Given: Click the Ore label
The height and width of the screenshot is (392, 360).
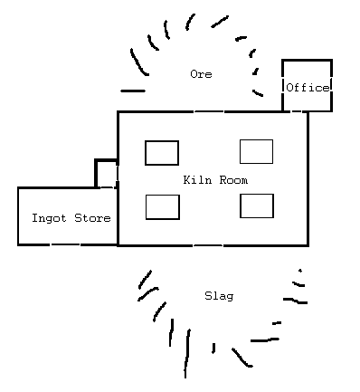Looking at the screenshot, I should point(201,74).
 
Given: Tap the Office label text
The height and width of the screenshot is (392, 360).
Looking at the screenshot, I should point(307,88).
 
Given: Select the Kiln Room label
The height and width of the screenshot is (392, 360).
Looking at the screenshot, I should point(214,180).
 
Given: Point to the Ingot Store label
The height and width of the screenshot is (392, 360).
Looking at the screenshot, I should point(71,218).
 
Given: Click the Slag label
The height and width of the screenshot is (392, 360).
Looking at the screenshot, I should point(219,296).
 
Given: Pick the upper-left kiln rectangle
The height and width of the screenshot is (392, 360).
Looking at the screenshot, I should point(162,153).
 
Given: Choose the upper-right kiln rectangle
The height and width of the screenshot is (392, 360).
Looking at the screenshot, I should point(256,152).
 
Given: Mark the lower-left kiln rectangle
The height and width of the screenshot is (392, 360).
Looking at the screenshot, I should point(163,207).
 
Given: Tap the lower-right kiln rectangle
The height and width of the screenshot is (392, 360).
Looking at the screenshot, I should point(256,206).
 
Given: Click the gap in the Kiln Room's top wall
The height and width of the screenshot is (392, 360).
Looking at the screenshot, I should point(209,111).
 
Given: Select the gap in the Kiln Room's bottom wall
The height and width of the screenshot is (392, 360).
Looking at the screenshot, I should point(208,245).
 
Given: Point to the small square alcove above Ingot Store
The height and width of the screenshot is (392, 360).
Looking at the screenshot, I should point(107,174).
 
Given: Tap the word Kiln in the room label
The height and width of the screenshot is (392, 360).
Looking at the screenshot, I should point(196,180).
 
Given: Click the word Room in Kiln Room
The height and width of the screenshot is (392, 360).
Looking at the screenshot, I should point(232,180).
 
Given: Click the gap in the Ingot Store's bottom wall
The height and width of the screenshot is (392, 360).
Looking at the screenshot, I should point(64,244).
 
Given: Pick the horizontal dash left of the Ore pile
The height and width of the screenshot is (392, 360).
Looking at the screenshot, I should point(132,91).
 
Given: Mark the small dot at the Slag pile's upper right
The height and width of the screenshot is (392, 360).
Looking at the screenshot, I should point(299,270).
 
